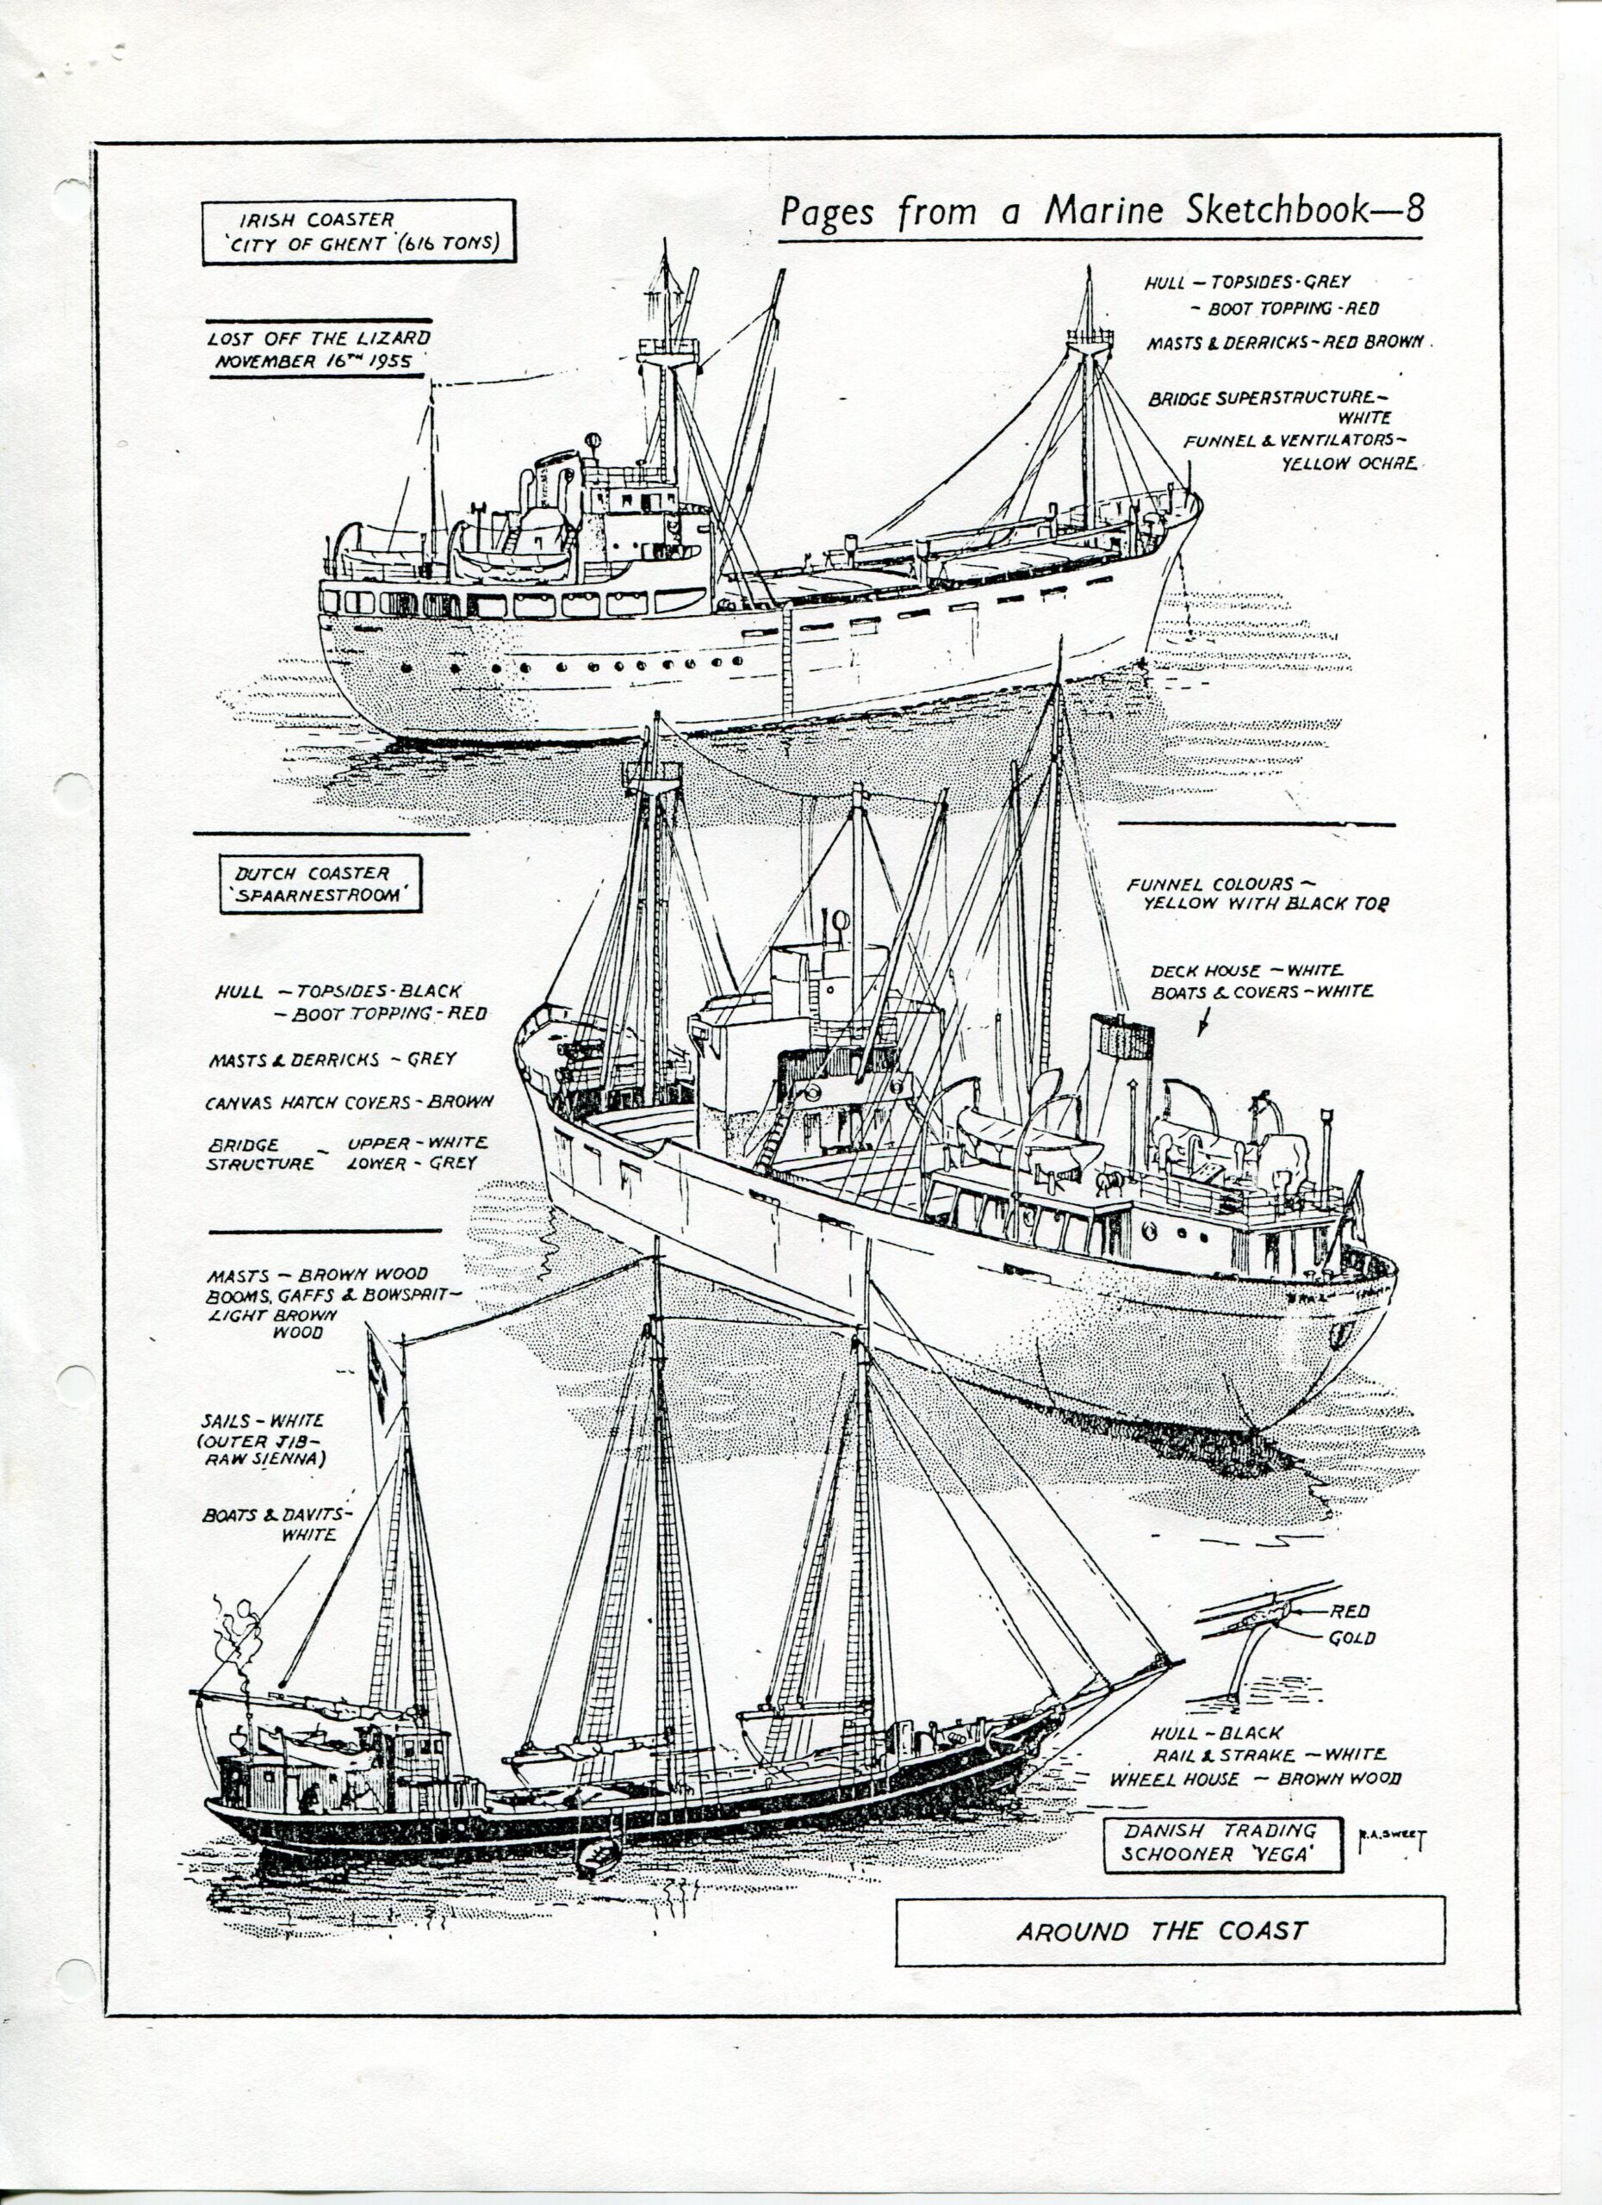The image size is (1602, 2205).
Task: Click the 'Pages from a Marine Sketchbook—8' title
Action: click(x=1102, y=211)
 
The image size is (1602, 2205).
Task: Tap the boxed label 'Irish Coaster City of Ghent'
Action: click(x=358, y=233)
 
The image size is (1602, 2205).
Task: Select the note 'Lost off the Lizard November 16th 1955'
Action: click(x=320, y=350)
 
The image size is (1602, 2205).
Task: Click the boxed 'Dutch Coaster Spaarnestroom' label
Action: click(x=320, y=884)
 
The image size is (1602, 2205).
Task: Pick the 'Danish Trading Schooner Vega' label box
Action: click(x=1222, y=1842)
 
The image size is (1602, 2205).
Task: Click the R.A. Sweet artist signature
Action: click(x=1391, y=1837)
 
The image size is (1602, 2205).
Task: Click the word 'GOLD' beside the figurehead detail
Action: click(x=1352, y=1638)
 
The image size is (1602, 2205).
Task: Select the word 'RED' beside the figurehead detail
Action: click(x=1350, y=1611)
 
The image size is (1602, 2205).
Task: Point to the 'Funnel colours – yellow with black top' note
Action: click(x=1257, y=893)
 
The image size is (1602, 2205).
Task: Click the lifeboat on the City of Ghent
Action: click(x=512, y=561)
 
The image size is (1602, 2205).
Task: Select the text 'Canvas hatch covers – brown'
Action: click(x=349, y=1102)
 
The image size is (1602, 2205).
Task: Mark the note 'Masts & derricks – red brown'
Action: click(x=1285, y=342)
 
